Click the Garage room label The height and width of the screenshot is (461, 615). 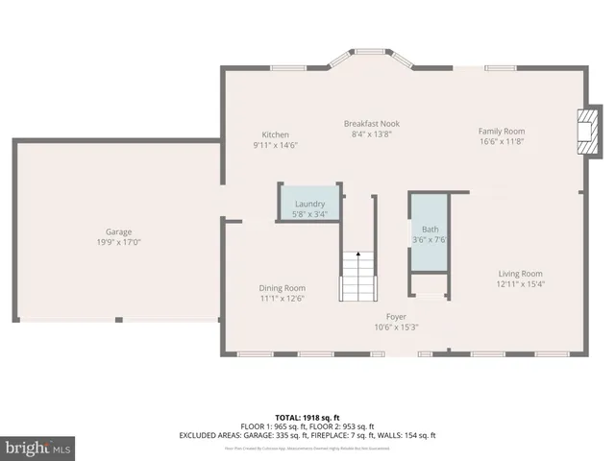(118, 232)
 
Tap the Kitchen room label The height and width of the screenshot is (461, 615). (275, 134)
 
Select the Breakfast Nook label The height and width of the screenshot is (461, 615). (372, 124)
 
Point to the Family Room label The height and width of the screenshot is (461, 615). (502, 131)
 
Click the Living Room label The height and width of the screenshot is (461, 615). (519, 274)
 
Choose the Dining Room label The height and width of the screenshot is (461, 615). (282, 288)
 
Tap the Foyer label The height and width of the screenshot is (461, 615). (396, 317)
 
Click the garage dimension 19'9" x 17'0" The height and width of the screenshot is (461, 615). (118, 243)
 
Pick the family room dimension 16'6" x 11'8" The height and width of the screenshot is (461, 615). (502, 141)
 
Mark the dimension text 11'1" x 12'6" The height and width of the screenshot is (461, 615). (282, 299)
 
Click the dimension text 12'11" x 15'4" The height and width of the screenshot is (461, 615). (519, 284)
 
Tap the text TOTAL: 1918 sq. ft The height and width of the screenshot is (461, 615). (307, 416)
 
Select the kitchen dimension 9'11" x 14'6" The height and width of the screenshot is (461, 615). (275, 145)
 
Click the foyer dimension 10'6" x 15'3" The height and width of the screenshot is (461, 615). (396, 328)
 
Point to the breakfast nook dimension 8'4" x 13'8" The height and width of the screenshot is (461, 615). (372, 134)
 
